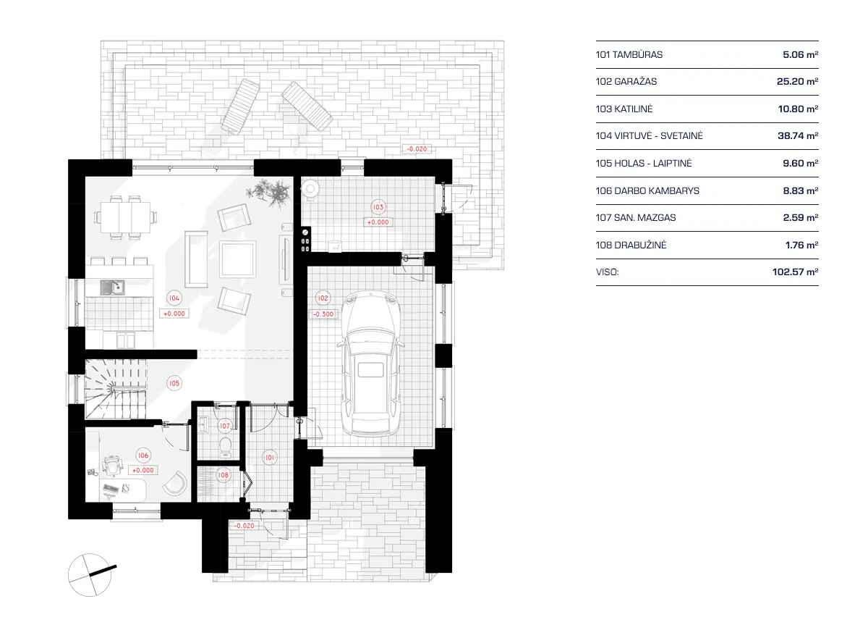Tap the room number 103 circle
coord(378,207)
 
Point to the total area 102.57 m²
coord(795,272)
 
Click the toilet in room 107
coord(224,444)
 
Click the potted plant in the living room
coord(269,193)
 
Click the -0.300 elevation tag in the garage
coord(323,314)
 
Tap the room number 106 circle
coord(142,456)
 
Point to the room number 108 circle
coord(224,476)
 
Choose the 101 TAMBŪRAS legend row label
coord(629,54)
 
